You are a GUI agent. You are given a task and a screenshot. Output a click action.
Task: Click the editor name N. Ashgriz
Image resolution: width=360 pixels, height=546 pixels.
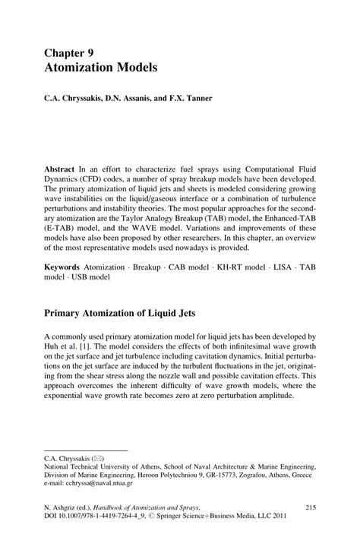coord(64,507)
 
